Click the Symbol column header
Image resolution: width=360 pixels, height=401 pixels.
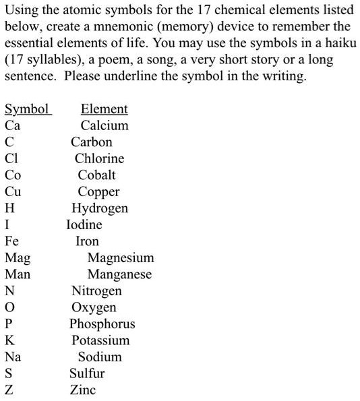coord(27,109)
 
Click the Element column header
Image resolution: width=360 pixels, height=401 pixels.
coord(104,109)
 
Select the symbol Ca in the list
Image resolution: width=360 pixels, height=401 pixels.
coord(12,125)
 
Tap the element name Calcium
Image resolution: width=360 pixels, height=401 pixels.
coord(104,125)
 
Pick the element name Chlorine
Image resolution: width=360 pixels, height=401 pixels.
coord(99,158)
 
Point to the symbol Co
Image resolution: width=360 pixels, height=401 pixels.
coord(13,175)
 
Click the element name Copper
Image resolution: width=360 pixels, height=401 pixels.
coord(98,191)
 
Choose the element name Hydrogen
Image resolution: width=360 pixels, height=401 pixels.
coord(100,208)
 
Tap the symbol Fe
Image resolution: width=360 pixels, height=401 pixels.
coord(12,241)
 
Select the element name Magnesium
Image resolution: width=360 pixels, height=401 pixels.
coord(121,257)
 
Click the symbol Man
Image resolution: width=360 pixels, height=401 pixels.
coord(18,274)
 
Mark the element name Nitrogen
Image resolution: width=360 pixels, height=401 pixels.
coord(96,291)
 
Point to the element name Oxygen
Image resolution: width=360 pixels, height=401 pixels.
coord(94,307)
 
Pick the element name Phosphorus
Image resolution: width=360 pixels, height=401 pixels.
coord(102,324)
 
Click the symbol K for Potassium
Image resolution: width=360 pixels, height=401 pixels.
coord(9,340)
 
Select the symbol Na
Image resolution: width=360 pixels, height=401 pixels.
coord(12,357)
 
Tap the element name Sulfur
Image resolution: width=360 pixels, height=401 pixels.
coord(87,373)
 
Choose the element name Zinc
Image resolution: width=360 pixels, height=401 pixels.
coord(83,390)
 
